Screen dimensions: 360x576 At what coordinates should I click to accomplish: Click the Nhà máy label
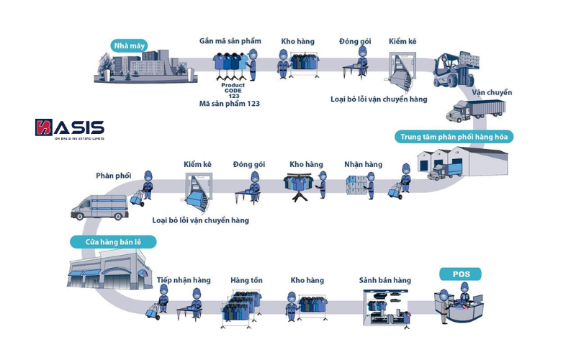click(x=129, y=47)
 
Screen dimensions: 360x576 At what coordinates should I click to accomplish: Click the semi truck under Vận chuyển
click(x=475, y=110)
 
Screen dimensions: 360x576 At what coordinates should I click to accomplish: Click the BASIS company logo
click(x=70, y=129)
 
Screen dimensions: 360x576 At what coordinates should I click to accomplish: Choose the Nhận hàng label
click(x=363, y=165)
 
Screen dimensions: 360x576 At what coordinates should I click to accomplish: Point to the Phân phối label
click(x=113, y=176)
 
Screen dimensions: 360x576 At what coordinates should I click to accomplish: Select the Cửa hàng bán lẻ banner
click(x=113, y=243)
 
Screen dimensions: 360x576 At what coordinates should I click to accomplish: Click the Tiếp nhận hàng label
click(x=184, y=280)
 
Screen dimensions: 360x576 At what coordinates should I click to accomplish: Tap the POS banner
click(x=460, y=274)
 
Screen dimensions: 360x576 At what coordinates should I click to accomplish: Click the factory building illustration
click(x=137, y=68)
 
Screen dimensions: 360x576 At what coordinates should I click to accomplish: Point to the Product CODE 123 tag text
click(x=233, y=90)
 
